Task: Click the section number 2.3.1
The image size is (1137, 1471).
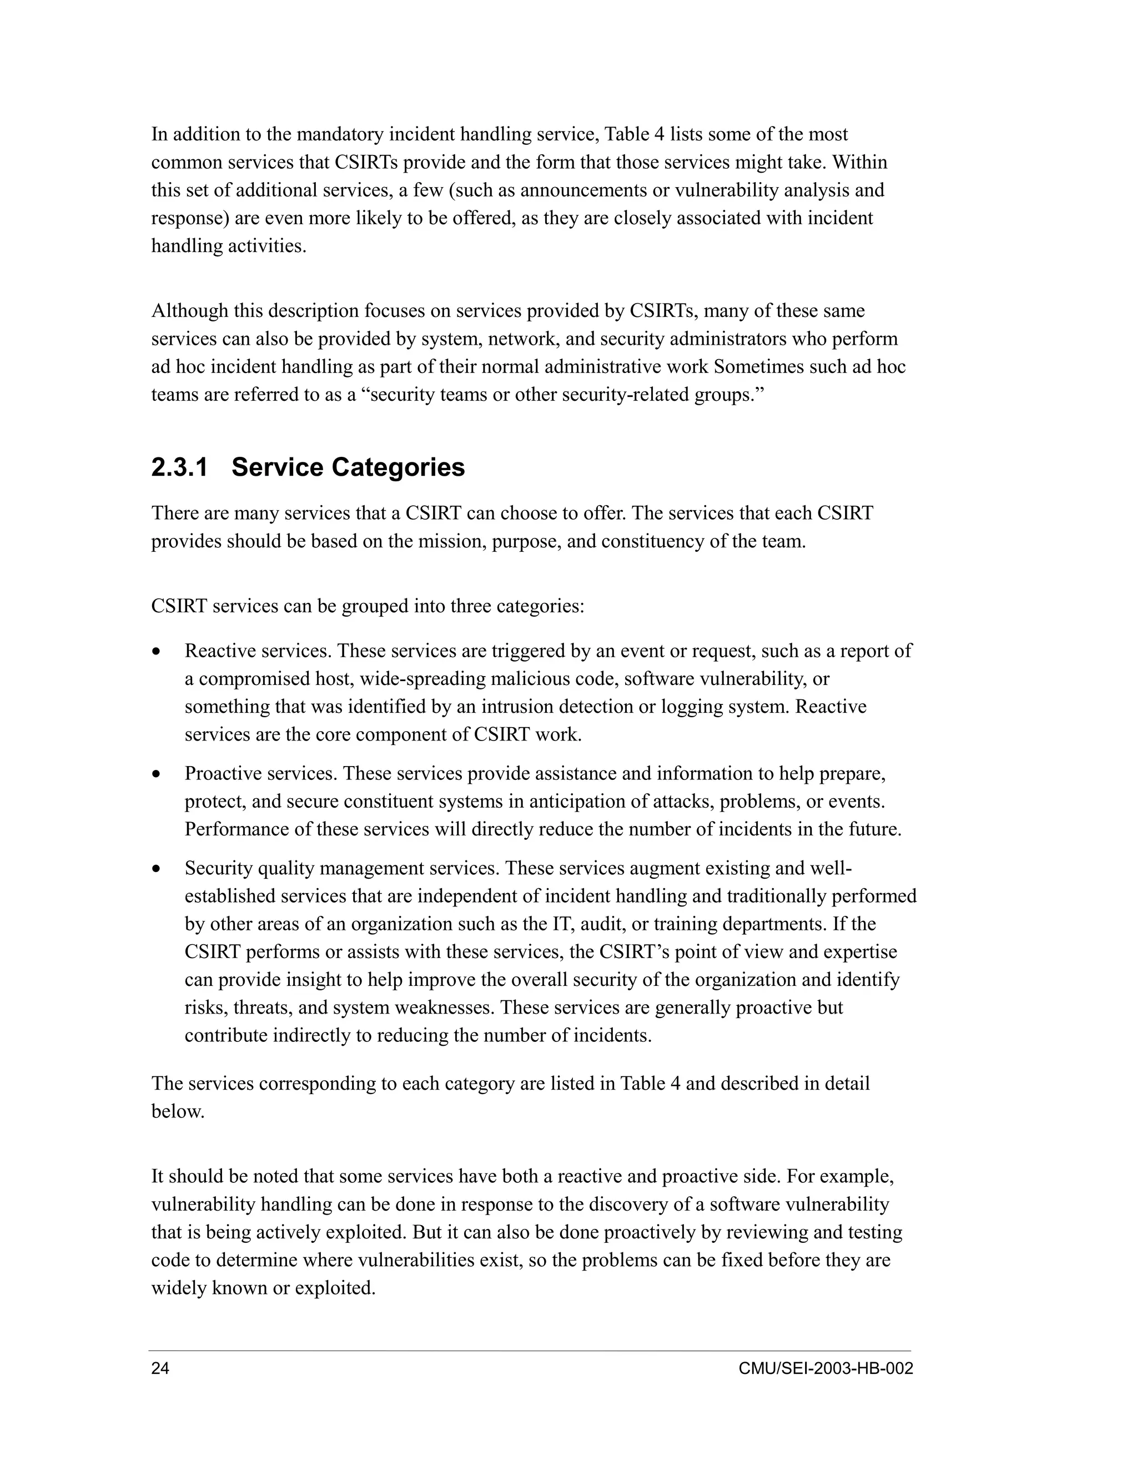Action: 179,467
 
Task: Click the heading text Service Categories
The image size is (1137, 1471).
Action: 348,467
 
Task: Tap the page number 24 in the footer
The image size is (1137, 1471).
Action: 160,1369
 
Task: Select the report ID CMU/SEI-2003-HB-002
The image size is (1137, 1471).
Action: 825,1369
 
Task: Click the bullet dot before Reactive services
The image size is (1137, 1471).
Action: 156,652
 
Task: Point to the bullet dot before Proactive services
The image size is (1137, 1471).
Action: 156,774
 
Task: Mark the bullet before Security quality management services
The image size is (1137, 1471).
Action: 156,869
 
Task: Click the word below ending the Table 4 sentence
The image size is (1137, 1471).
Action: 177,1112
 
